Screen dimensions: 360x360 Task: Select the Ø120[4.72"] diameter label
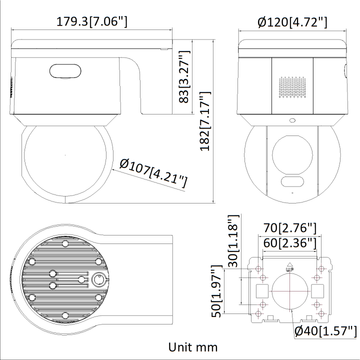[292, 21]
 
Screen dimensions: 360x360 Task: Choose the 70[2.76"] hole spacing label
[290, 228]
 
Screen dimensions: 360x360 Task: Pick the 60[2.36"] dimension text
[290, 243]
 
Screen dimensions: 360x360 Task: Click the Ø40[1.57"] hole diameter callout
[325, 330]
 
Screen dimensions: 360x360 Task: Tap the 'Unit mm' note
[192, 346]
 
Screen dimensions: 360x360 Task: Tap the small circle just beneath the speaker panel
[292, 120]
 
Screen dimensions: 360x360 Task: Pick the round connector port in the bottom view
[98, 278]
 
